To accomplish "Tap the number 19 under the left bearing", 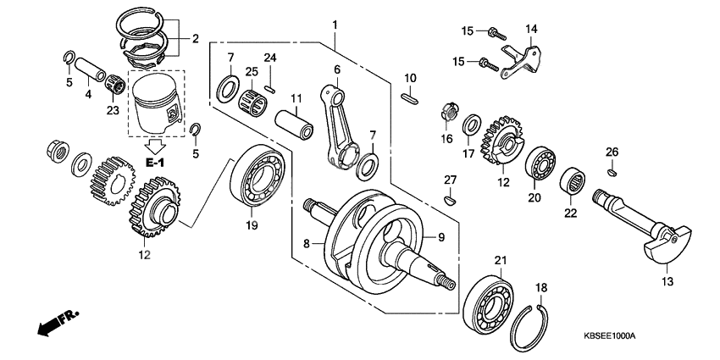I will (251, 225).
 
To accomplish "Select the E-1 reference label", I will (155, 160).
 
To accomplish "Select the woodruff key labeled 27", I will (451, 201).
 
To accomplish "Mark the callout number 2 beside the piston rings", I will (195, 38).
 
